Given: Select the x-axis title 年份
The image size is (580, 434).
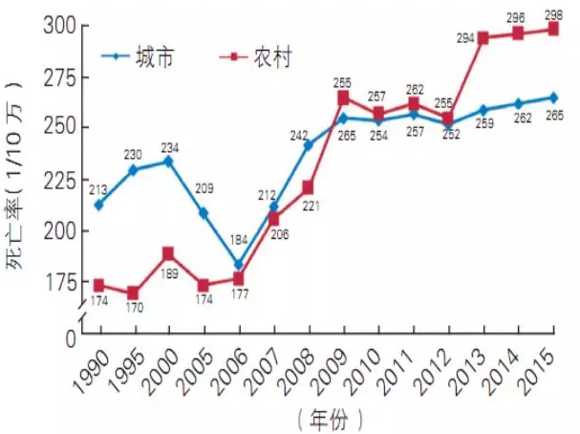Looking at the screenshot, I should click(329, 419).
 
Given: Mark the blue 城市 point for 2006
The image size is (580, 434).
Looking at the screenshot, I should click(238, 265).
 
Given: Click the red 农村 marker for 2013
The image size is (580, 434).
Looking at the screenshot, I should click(483, 38).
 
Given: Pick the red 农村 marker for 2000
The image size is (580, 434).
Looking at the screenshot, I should click(168, 253).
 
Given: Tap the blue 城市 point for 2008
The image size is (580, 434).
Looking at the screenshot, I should click(308, 145).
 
